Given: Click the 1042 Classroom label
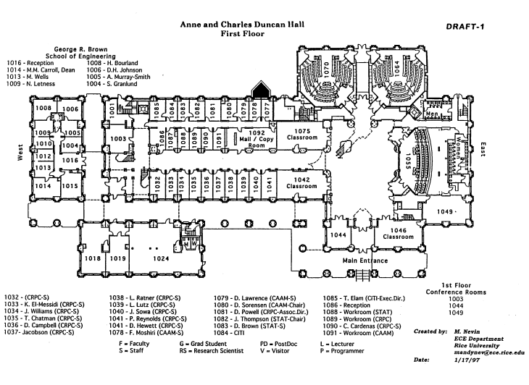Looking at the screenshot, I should (x=301, y=182).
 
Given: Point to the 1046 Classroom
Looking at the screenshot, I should (x=398, y=233).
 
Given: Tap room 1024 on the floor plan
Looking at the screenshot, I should (x=160, y=258).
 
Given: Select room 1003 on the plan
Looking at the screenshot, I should (x=119, y=137).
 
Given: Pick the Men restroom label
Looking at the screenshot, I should (x=433, y=114).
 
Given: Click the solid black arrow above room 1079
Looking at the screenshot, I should (x=259, y=90).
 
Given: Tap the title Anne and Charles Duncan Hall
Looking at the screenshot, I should (x=242, y=23).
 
